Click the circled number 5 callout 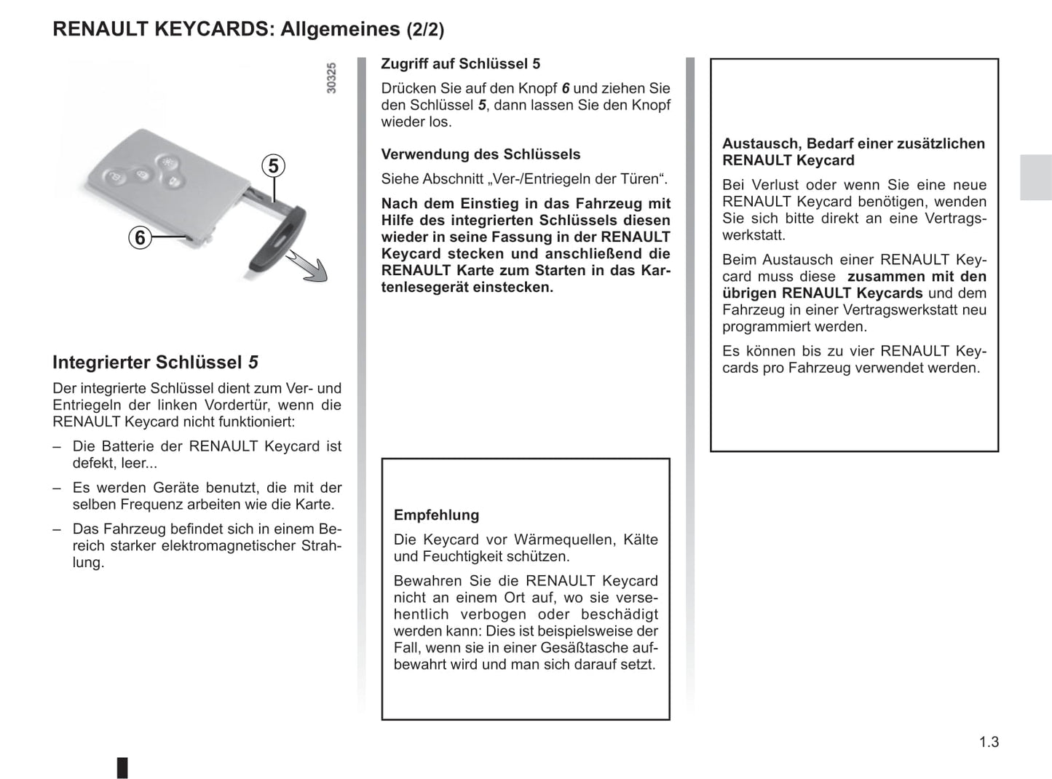[x=273, y=166]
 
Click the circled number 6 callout [x=140, y=237]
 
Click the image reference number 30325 [x=331, y=78]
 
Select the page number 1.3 [x=989, y=742]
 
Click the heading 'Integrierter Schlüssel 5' [x=155, y=363]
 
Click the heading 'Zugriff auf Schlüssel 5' [x=460, y=64]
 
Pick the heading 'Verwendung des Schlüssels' [x=480, y=154]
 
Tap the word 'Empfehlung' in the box [x=436, y=515]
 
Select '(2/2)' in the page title [x=425, y=30]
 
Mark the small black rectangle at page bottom [x=122, y=767]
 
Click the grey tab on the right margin [x=1035, y=177]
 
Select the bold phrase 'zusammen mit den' [x=917, y=277]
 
